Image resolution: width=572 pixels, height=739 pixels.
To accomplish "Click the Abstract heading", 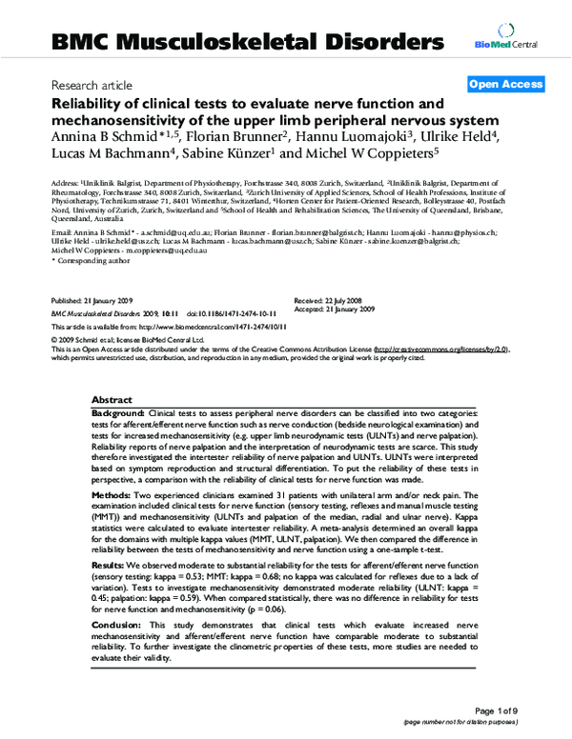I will click(x=112, y=400).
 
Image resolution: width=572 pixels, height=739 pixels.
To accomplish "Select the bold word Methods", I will click(x=112, y=495).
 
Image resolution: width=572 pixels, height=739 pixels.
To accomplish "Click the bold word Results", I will click(x=111, y=563).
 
